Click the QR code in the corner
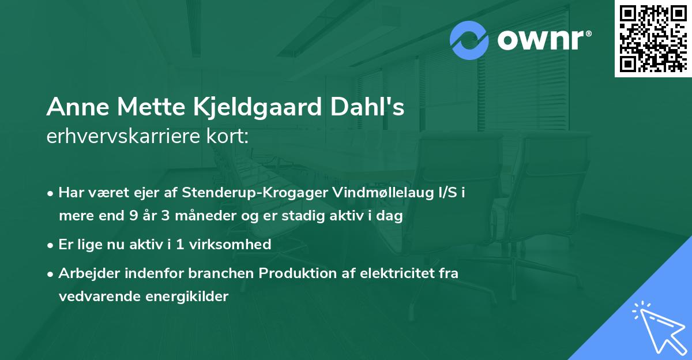coord(653,38)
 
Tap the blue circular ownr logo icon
coord(469,40)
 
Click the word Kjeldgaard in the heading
coord(243,107)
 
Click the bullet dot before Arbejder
coord(51,273)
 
